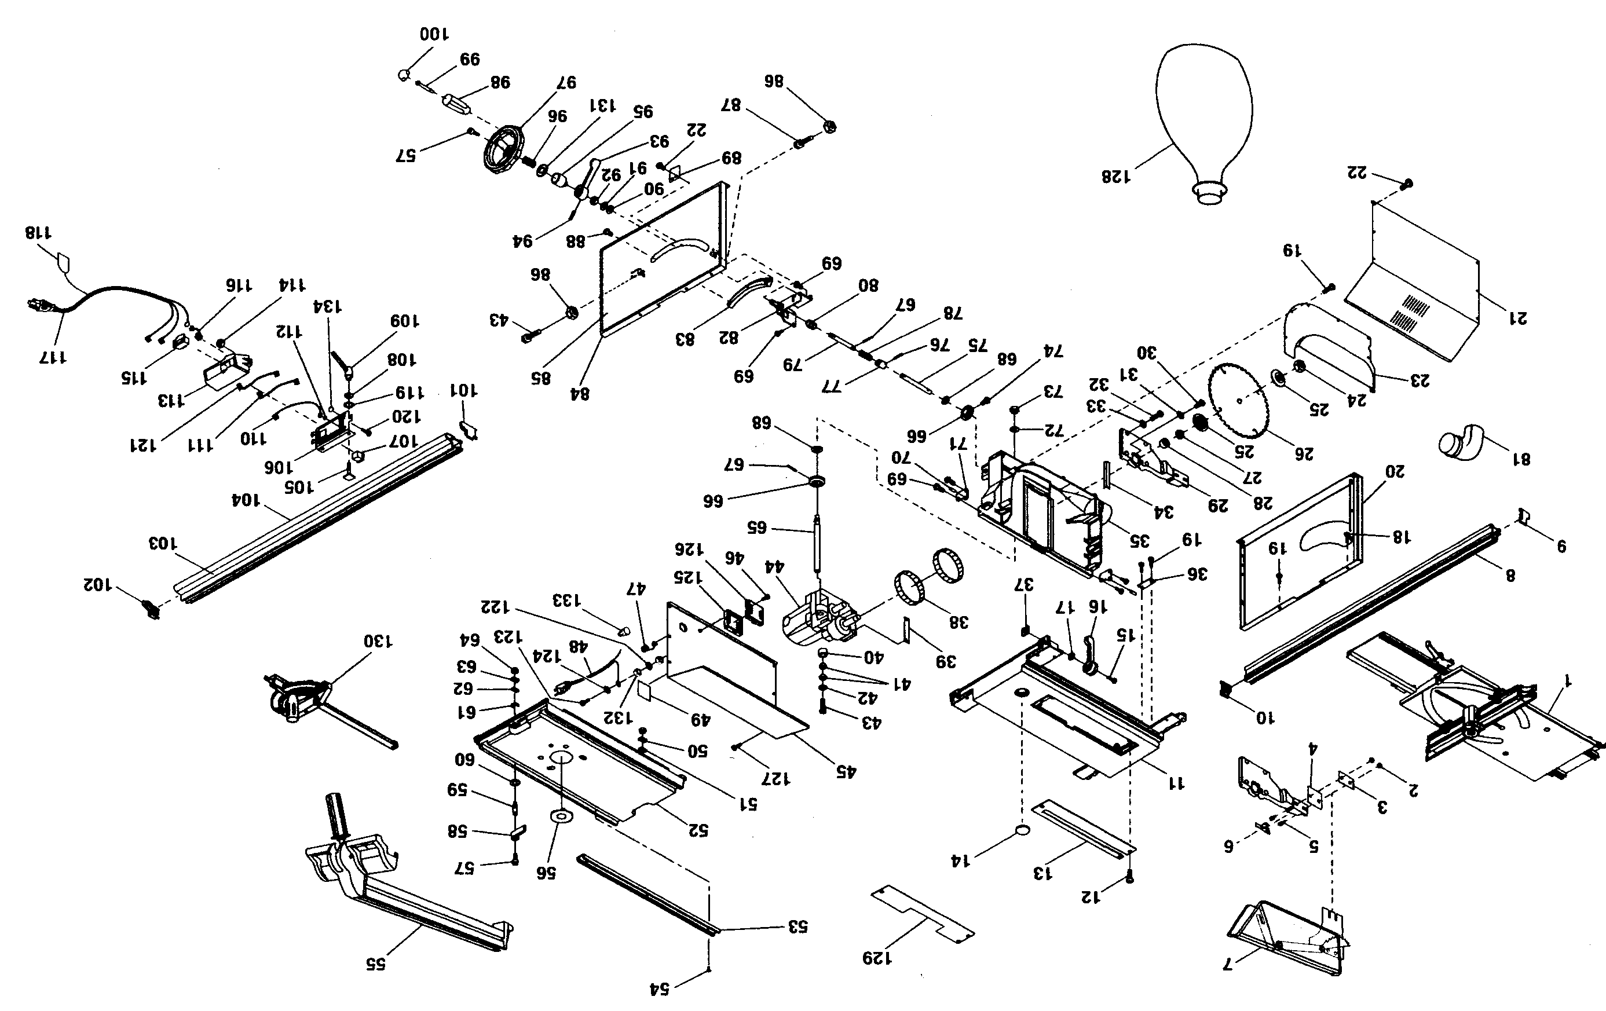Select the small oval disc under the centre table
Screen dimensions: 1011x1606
tap(1021, 829)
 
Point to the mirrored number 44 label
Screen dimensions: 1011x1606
tap(773, 567)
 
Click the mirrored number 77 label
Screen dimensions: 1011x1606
tap(832, 386)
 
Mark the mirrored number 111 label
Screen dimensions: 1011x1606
tap(200, 444)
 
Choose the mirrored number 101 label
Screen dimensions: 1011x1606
tap(463, 390)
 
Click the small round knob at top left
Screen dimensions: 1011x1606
tap(404, 75)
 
